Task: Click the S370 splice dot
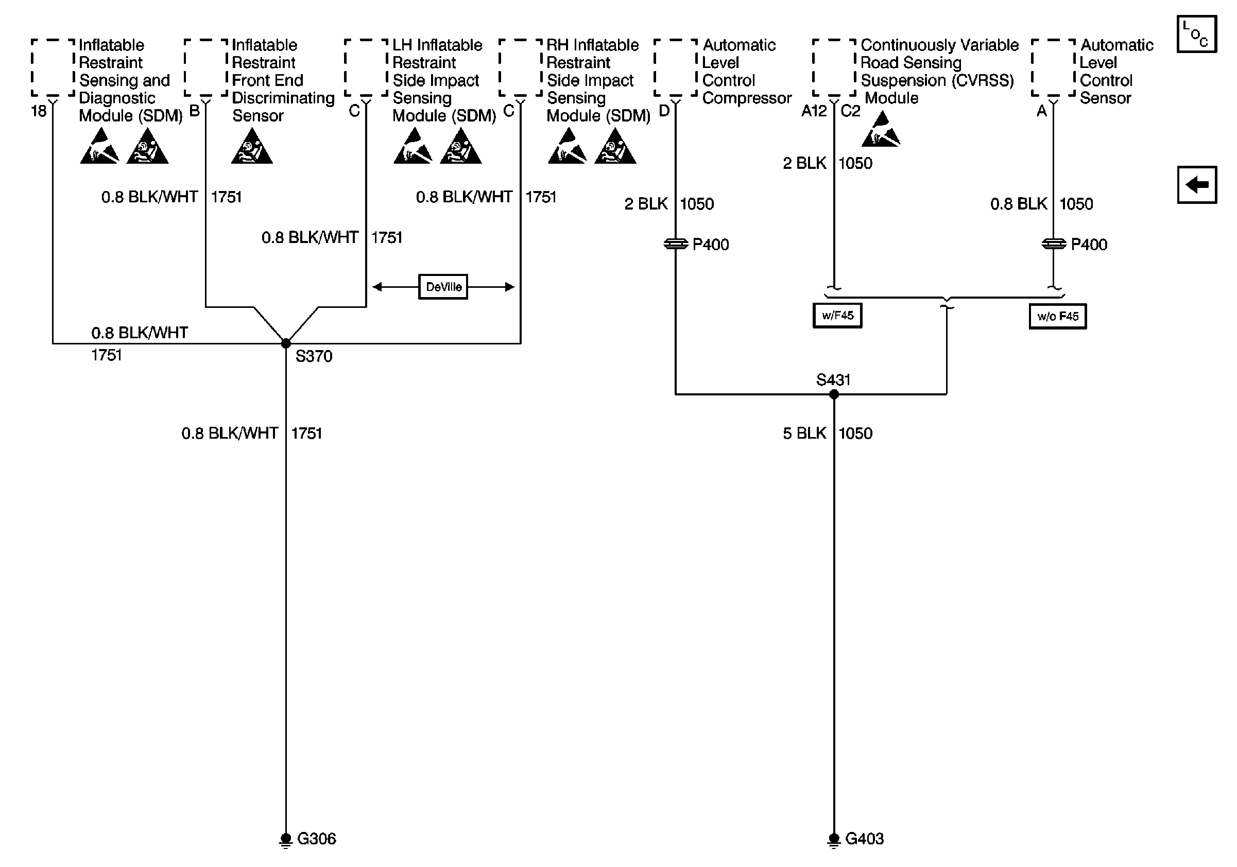click(x=286, y=343)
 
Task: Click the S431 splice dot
click(x=834, y=394)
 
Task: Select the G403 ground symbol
click(x=834, y=840)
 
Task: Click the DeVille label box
click(x=443, y=286)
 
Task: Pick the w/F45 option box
click(x=837, y=316)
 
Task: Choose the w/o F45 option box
click(x=1058, y=316)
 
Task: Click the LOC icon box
click(x=1197, y=34)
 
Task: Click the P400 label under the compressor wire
click(x=711, y=245)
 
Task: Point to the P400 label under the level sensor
click(x=1089, y=245)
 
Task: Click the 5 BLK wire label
click(x=804, y=433)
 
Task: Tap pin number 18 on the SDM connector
click(x=39, y=111)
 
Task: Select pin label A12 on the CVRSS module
click(x=814, y=111)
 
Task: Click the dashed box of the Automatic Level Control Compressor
click(x=676, y=68)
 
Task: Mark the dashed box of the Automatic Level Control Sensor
click(x=1053, y=68)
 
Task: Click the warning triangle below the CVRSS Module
click(x=881, y=129)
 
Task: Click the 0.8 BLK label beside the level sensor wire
click(x=1019, y=203)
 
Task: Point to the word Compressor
click(x=747, y=98)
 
